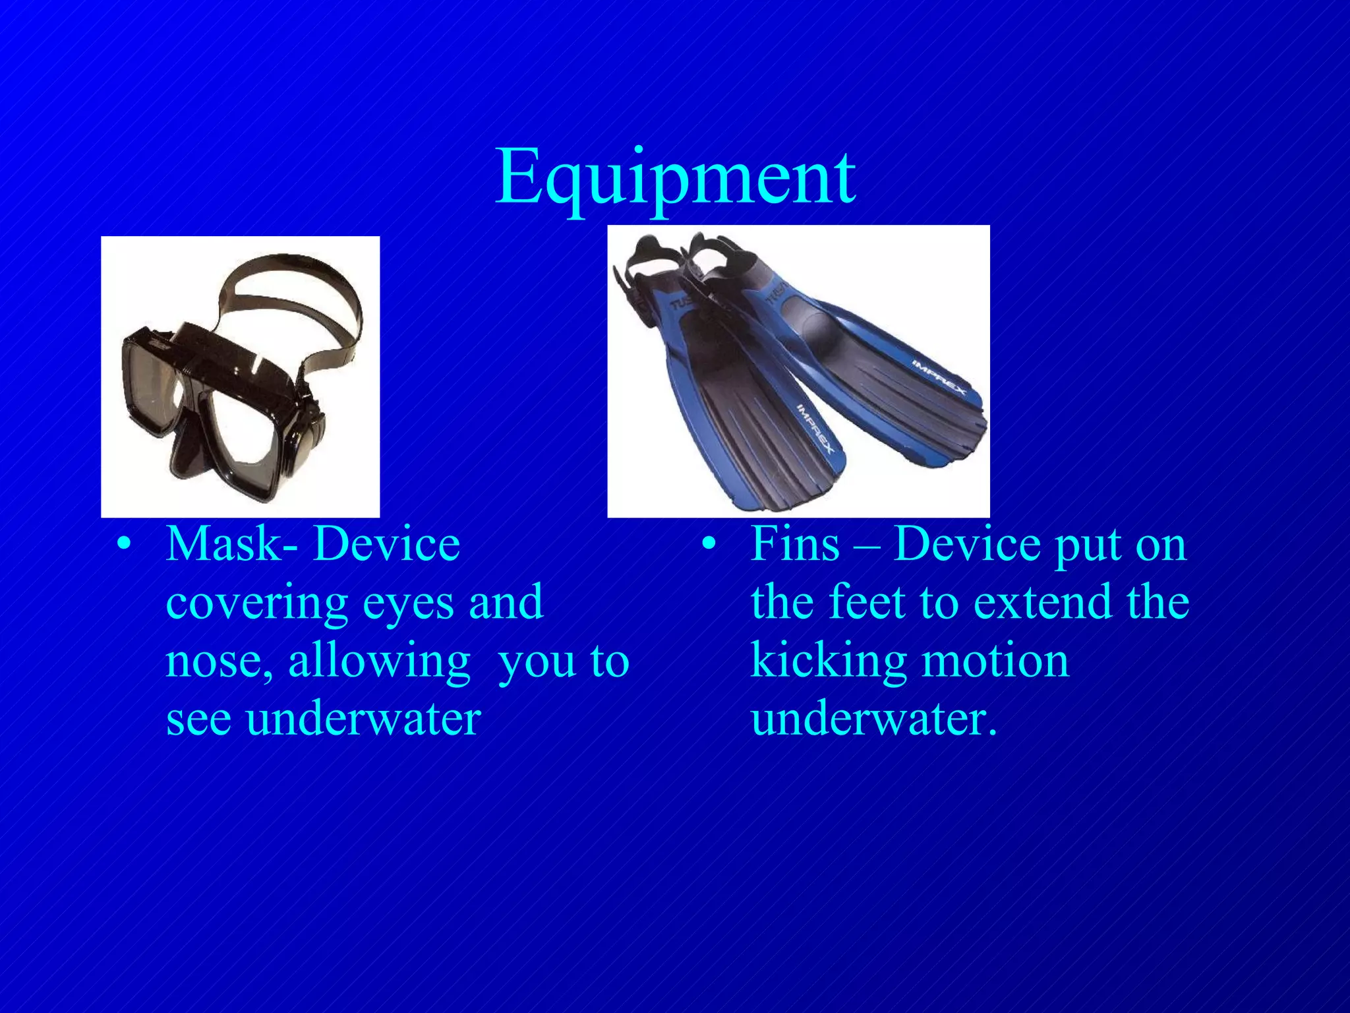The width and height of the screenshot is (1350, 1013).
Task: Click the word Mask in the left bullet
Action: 224,545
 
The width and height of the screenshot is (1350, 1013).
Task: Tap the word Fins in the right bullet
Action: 795,545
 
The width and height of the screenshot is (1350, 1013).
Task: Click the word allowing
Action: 379,662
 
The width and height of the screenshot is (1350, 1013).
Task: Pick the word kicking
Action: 827,661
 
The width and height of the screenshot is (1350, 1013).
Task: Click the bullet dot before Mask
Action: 123,545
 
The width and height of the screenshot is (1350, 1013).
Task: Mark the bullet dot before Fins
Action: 709,545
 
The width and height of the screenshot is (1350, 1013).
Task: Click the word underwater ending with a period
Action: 873,719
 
